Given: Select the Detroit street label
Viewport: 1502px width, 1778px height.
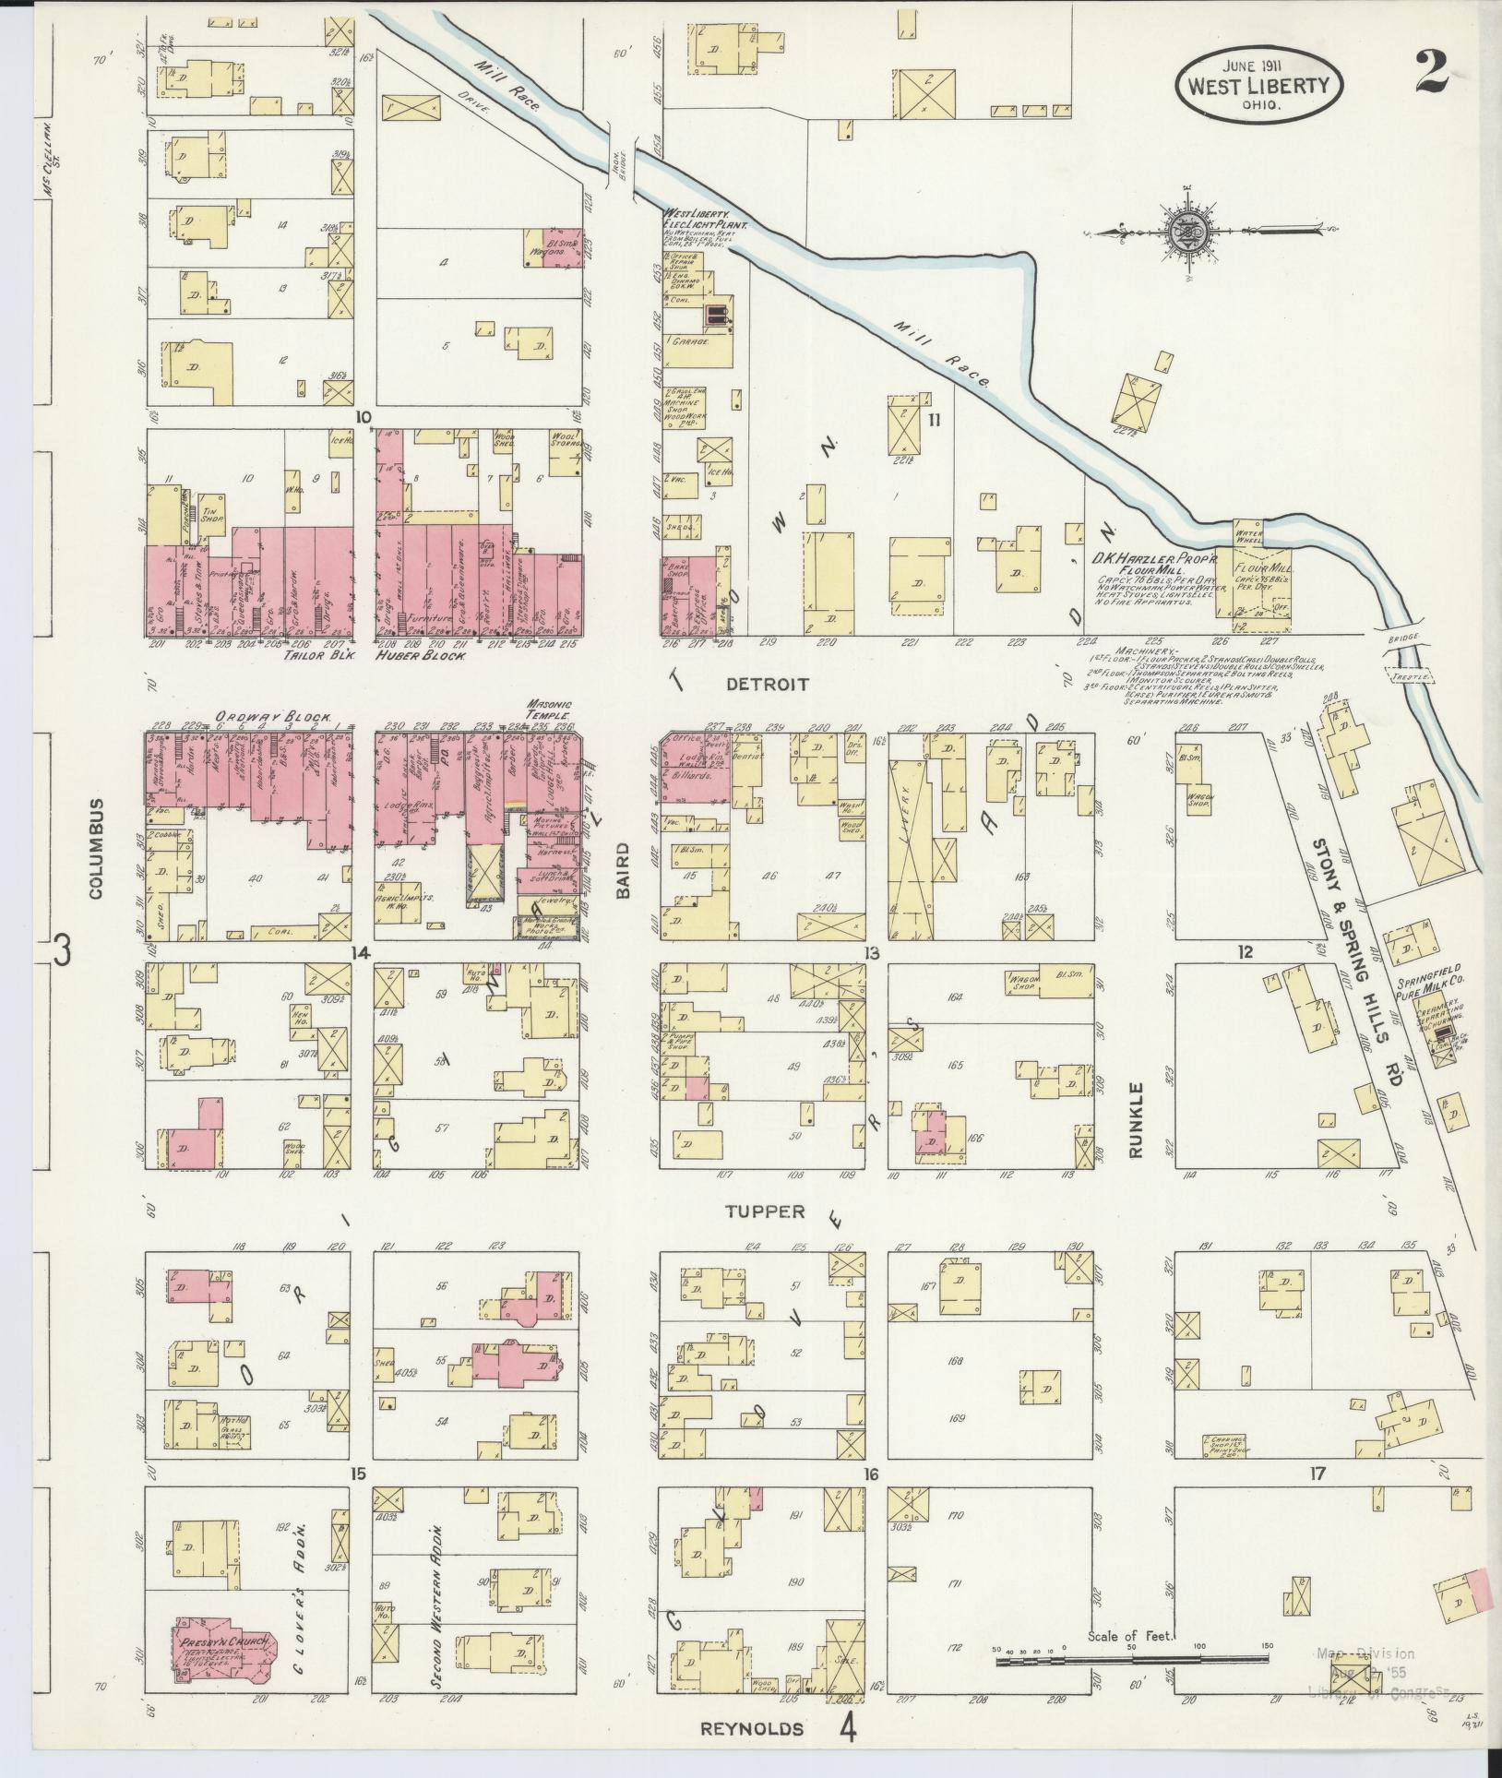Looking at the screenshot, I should coord(767,685).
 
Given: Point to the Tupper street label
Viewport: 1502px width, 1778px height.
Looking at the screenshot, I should coord(765,1211).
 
